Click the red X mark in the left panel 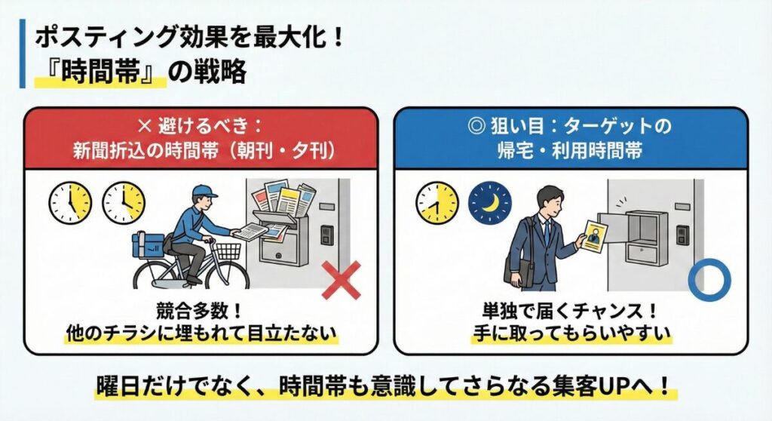(341, 281)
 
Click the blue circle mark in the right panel (709, 279)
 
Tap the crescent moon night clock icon (490, 202)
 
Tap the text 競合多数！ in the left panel (200, 310)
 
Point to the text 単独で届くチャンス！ (571, 310)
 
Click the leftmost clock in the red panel (70, 202)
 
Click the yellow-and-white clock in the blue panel (437, 202)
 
